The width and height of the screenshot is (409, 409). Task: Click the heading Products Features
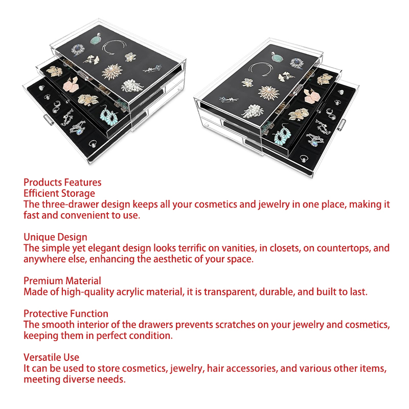click(x=62, y=183)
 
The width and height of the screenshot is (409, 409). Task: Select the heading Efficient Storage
click(x=59, y=193)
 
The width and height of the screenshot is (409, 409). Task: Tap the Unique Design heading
click(x=55, y=237)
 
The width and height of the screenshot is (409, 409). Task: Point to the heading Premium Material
click(x=62, y=281)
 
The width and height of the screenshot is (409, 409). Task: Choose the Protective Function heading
click(x=66, y=313)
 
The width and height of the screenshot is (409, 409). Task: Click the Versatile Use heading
click(x=51, y=357)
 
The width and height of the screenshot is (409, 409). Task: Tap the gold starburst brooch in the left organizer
click(x=112, y=72)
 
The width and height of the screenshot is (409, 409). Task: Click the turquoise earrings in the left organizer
click(x=109, y=116)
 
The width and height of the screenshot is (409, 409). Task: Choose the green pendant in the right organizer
click(x=277, y=57)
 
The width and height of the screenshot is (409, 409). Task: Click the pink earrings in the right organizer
click(x=312, y=96)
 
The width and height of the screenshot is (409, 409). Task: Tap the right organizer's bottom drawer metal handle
click(x=342, y=124)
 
